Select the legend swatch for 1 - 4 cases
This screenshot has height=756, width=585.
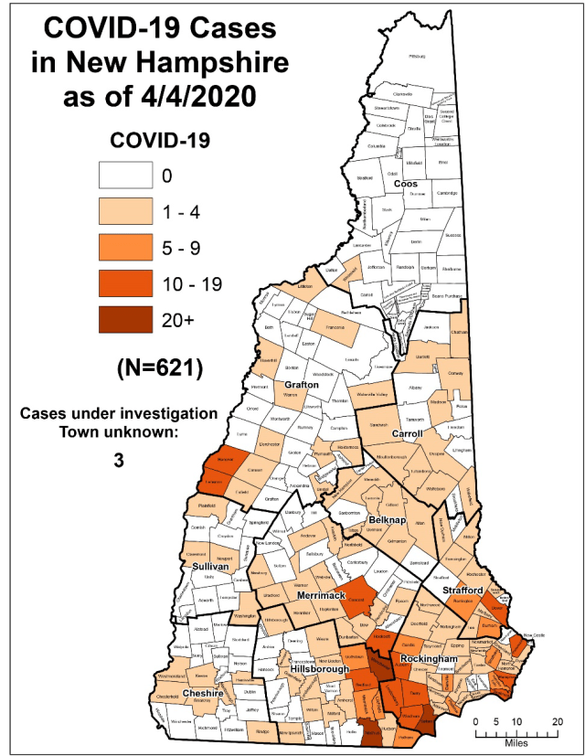coord(122,211)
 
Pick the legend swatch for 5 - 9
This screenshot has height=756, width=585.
coord(122,248)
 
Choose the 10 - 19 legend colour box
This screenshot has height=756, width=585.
coord(122,283)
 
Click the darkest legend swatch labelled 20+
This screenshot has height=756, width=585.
coord(122,320)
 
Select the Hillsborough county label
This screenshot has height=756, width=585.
coord(318,669)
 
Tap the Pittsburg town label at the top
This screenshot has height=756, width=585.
coord(418,56)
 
